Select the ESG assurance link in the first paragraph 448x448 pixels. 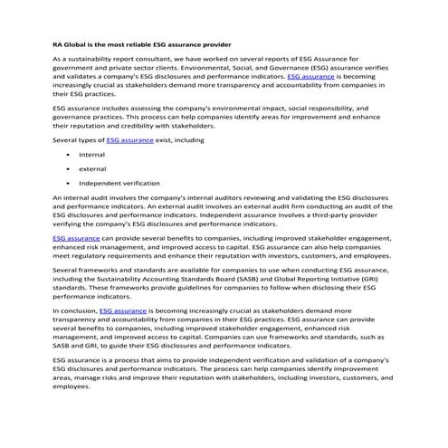click(x=310, y=77)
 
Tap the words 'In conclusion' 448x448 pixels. click(x=74, y=310)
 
